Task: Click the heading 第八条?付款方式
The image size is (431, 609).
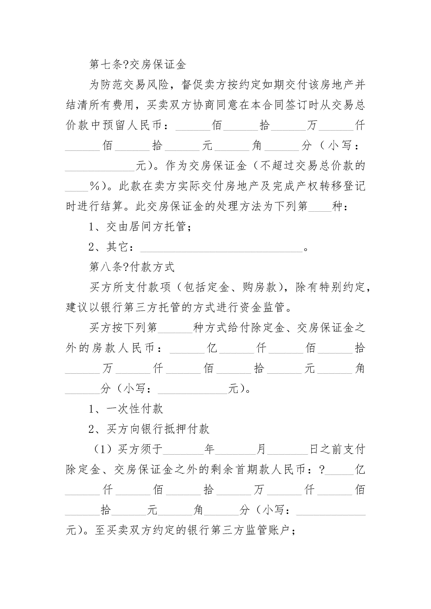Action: click(132, 267)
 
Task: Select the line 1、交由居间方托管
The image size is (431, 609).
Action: click(140, 226)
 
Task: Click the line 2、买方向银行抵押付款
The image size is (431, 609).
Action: click(149, 429)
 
